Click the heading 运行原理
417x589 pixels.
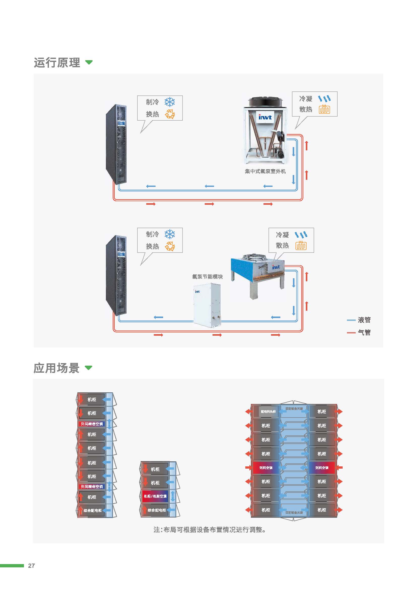click(57, 63)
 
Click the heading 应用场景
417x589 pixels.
click(56, 368)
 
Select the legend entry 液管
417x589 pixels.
click(364, 320)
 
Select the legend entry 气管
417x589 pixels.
click(364, 332)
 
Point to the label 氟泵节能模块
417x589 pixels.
click(207, 276)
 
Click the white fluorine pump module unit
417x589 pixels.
click(207, 305)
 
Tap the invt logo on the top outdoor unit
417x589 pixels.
click(265, 117)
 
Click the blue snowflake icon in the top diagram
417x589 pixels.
click(169, 102)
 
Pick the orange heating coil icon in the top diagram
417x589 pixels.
click(324, 109)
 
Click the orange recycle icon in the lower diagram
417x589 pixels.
click(169, 246)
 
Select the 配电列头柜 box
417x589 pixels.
click(268, 411)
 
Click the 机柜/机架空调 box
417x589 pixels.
click(155, 496)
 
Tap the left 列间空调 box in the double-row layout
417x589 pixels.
click(266, 468)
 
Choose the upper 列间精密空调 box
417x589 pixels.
click(92, 424)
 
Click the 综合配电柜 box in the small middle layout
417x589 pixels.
click(157, 510)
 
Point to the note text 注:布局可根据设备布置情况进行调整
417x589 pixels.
click(209, 530)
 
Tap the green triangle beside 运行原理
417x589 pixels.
click(89, 62)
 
